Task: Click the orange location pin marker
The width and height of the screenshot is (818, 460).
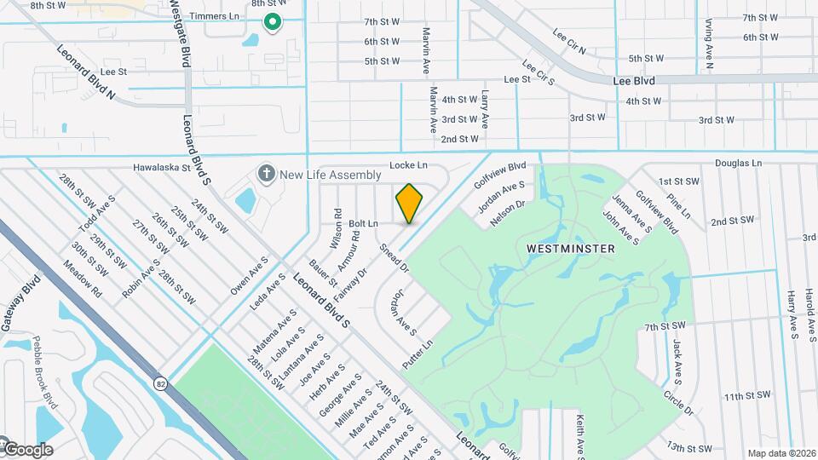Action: (x=410, y=203)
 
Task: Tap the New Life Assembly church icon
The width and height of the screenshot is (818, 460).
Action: (x=266, y=174)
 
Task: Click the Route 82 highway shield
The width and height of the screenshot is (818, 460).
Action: (x=161, y=384)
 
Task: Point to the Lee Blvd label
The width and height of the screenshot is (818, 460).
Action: (x=634, y=81)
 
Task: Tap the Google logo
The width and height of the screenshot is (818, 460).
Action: (x=27, y=449)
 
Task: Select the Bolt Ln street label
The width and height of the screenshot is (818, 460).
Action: (x=363, y=223)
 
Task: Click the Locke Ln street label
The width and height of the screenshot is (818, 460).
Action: (x=407, y=164)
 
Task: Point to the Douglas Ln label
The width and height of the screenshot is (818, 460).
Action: (x=737, y=163)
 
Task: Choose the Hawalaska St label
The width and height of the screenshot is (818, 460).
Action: (x=161, y=168)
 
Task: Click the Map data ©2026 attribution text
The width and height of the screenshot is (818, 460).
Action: (x=781, y=453)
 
